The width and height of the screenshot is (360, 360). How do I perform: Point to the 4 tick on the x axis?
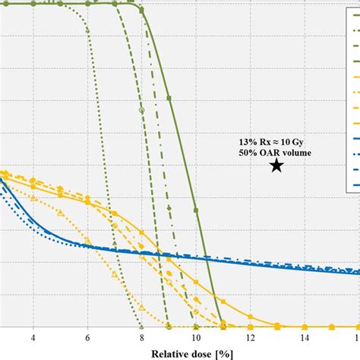click(x=33, y=338)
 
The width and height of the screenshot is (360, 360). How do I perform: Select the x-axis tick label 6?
click(x=87, y=338)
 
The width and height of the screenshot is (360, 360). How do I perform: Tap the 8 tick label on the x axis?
click(x=141, y=338)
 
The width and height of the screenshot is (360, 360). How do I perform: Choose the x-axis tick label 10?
click(x=195, y=338)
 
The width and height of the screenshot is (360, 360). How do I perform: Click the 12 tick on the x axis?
click(x=250, y=338)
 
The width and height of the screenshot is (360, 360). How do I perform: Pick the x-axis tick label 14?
click(x=304, y=338)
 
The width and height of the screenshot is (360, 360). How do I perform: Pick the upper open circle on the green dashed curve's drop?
click(x=142, y=110)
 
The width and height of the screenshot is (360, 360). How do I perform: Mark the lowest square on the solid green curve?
click(x=196, y=210)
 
